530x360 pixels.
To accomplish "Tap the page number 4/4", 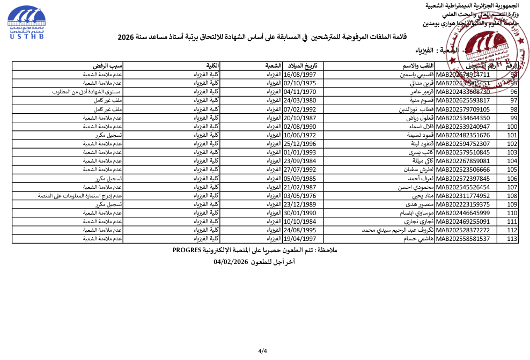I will tap(262, 351).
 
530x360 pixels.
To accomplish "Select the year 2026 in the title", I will tap(125, 38).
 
